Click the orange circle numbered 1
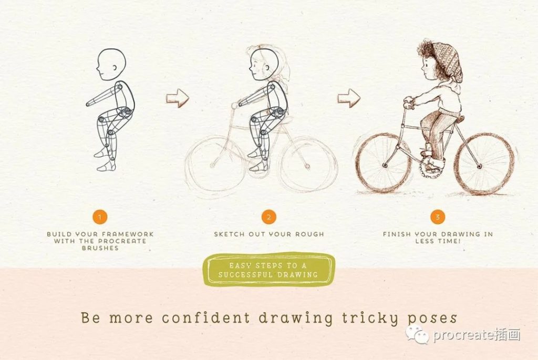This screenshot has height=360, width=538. tap(100, 217)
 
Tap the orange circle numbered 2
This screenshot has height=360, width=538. tap(268, 217)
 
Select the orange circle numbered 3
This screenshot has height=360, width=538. tap(438, 217)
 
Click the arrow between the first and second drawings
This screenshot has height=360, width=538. tap(178, 98)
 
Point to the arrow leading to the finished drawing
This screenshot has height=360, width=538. tap(349, 98)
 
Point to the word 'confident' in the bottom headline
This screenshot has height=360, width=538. tap(206, 317)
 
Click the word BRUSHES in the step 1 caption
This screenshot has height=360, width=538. tap(100, 248)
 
